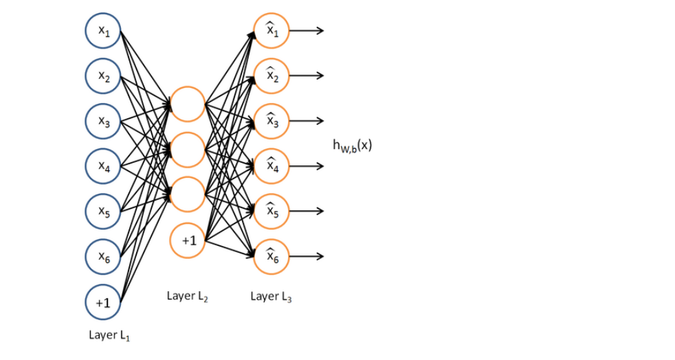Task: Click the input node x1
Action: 103,31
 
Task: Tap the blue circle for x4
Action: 103,166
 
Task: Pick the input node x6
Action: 103,257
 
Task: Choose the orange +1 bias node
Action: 188,240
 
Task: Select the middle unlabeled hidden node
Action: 188,149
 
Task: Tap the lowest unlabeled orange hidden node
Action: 188,194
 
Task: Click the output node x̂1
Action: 272,31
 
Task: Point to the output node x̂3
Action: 272,121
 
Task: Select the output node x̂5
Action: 272,211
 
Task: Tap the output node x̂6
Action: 272,256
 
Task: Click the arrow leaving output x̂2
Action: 307,76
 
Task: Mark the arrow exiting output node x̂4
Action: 307,166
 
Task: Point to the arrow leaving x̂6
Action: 307,256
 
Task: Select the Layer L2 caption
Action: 187,296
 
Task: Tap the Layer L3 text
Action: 271,296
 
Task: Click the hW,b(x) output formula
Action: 352,146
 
